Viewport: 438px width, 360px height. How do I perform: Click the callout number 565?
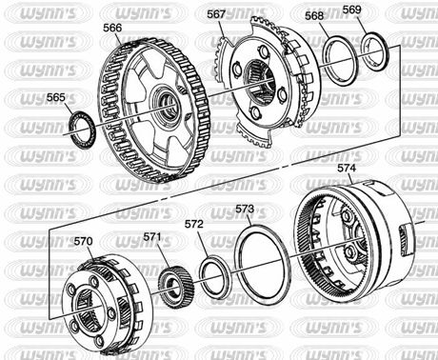pos(56,97)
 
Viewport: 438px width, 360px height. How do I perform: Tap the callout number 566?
pos(112,28)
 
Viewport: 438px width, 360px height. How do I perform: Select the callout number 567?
pos(216,14)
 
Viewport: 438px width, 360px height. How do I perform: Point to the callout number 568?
pos(314,16)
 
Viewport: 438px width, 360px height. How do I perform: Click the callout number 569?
pos(352,10)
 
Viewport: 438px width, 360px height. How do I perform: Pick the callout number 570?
pos(84,241)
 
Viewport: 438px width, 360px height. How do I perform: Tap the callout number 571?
pos(152,237)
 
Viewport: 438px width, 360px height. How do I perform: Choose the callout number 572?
pos(194,224)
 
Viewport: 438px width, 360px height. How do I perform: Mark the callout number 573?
pos(245,209)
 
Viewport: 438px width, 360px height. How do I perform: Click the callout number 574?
pos(347,169)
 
